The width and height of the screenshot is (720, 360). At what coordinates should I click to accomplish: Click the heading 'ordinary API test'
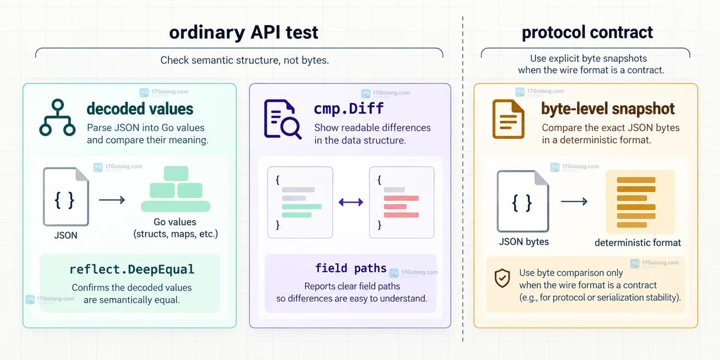[244, 33]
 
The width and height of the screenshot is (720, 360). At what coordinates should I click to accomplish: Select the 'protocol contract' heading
[587, 32]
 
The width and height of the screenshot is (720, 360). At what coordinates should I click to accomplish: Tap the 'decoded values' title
[140, 109]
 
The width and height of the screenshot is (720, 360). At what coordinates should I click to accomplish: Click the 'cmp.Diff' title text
[349, 109]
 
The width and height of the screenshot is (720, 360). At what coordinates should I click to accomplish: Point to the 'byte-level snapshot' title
[608, 109]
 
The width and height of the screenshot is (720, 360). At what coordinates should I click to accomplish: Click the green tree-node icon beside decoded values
[57, 118]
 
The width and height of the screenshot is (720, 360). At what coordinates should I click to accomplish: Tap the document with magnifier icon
[282, 119]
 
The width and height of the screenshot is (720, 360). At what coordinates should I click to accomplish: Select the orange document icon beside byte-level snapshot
[508, 119]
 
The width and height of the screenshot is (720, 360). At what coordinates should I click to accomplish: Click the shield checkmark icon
[502, 278]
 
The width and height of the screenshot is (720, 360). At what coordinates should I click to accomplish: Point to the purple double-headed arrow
[351, 202]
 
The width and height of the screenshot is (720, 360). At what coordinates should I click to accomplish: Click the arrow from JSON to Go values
[112, 200]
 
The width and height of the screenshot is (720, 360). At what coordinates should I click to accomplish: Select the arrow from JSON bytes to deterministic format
[574, 201]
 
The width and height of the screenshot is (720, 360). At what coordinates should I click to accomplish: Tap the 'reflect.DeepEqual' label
[132, 269]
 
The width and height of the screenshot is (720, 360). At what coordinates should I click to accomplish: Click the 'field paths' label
[350, 268]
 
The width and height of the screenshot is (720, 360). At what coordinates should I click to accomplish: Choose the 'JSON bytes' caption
[524, 242]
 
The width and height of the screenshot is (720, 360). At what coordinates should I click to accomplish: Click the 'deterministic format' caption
[638, 242]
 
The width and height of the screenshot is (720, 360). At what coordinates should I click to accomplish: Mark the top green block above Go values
[176, 174]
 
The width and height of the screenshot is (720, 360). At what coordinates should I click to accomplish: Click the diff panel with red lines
[402, 202]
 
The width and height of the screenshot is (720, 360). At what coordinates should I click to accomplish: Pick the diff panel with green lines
[300, 202]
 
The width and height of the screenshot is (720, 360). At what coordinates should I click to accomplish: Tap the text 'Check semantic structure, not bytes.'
[245, 60]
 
